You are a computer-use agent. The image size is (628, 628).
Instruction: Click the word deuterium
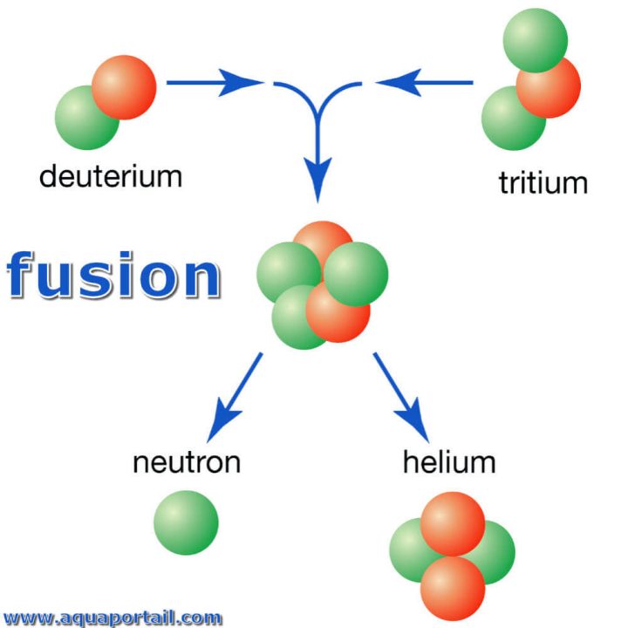pos(111,176)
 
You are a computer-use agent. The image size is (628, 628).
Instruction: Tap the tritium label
pos(543,183)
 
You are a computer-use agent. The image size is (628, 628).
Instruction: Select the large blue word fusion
pos(113,277)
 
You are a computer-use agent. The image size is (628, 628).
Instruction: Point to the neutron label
pos(186,462)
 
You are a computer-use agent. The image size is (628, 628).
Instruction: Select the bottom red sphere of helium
pos(452,586)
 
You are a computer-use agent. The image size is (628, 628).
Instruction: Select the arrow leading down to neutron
pos(236,397)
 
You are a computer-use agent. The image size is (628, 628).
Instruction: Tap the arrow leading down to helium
pos(401,397)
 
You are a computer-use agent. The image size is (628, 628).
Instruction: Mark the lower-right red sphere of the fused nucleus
pos(338,312)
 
